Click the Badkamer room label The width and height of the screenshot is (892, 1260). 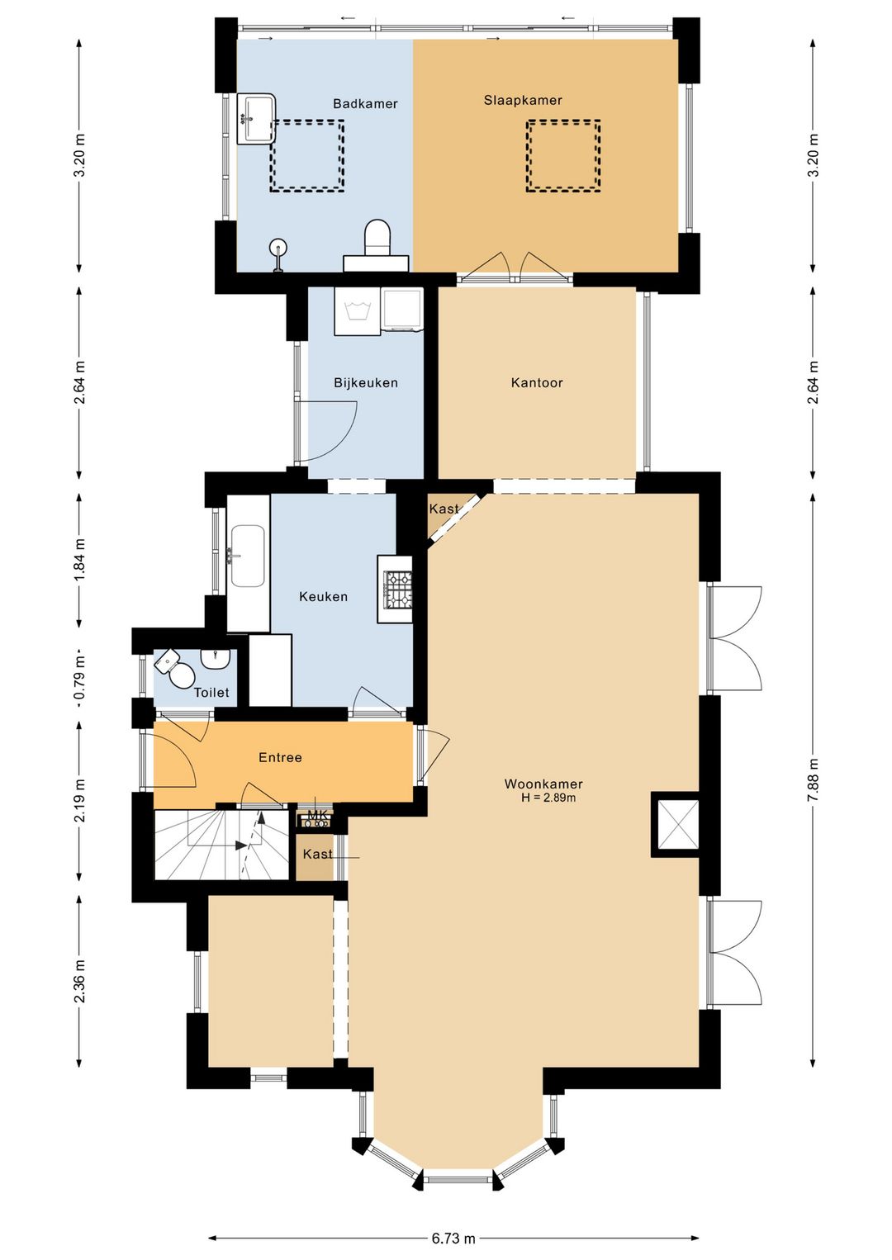365,103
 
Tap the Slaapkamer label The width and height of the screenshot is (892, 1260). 523,100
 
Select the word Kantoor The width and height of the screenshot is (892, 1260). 537,382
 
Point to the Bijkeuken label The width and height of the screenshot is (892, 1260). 366,382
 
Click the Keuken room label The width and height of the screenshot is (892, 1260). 323,596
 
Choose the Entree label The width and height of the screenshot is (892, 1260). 280,757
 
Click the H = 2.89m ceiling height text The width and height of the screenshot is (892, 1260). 548,798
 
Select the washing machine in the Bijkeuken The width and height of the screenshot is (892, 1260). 357,311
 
